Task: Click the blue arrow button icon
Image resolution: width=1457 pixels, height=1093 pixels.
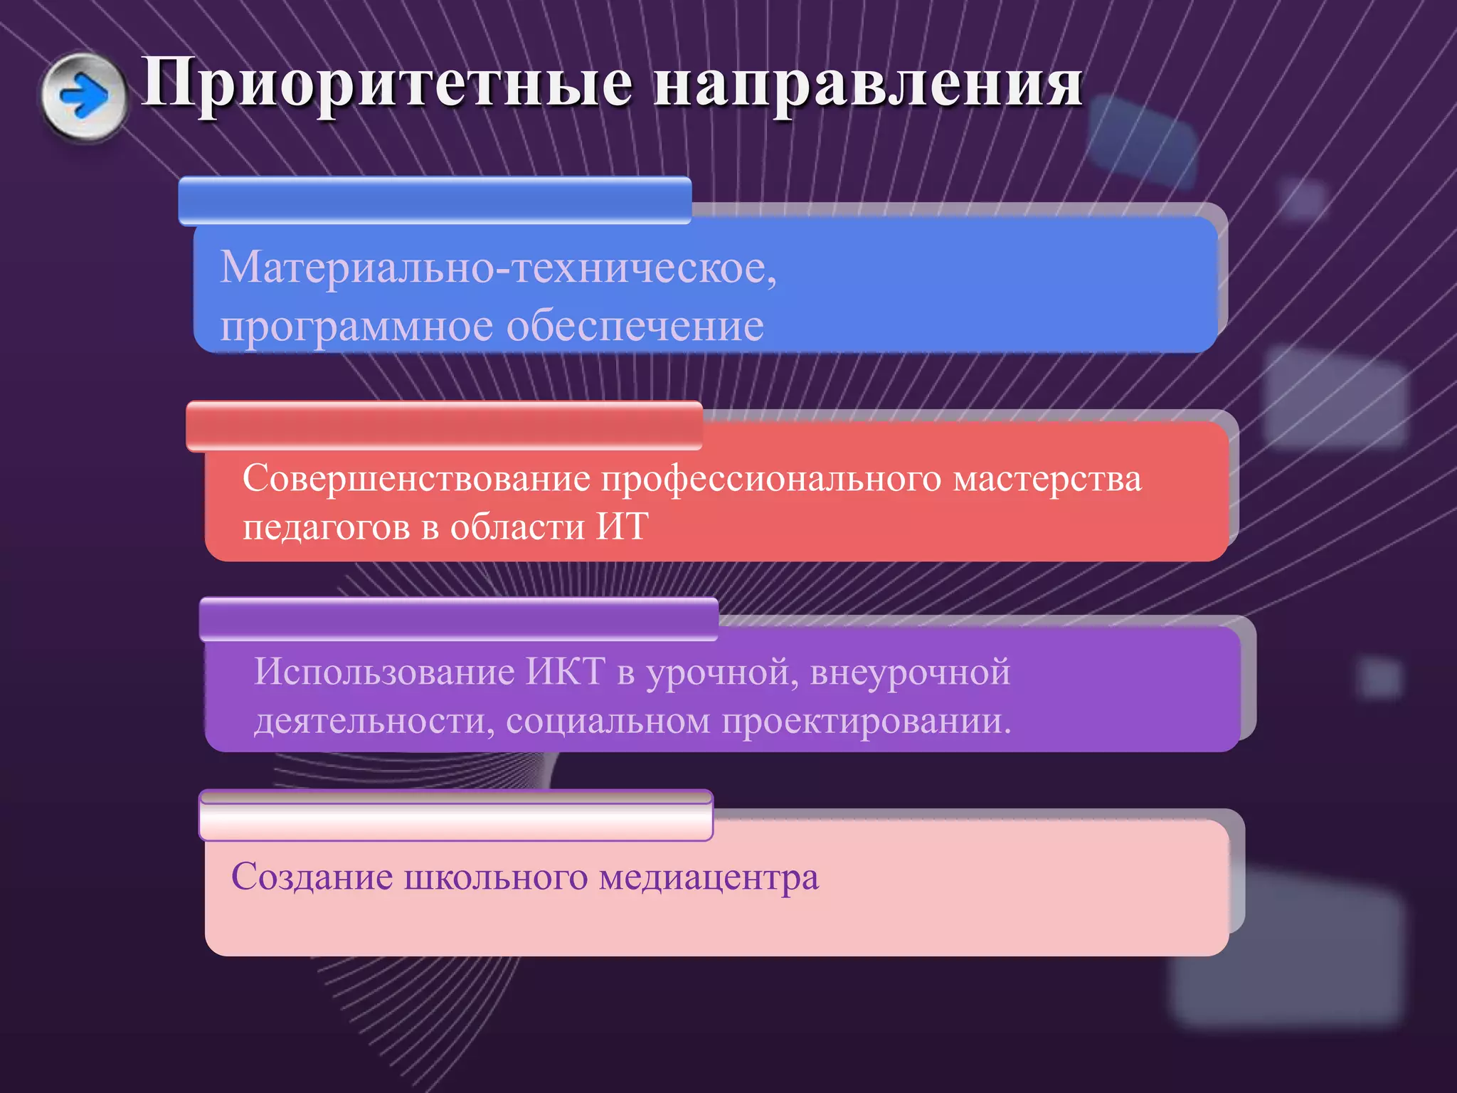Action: point(84,97)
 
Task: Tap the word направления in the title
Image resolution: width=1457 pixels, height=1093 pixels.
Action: point(868,84)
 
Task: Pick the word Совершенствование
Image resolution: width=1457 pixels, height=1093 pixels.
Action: point(416,478)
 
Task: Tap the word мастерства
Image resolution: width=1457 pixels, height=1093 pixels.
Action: point(1047,478)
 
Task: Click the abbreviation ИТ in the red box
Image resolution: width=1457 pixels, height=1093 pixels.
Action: point(622,527)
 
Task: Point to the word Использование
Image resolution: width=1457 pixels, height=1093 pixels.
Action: point(384,672)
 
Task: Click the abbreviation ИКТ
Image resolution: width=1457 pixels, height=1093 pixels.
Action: point(565,672)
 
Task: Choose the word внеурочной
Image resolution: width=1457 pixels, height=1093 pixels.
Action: point(910,672)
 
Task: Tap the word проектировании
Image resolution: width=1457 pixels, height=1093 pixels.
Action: point(867,722)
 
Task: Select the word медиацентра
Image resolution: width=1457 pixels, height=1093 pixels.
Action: point(709,877)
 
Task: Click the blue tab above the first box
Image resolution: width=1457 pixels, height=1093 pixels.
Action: point(435,201)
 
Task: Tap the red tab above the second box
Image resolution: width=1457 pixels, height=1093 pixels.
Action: point(444,426)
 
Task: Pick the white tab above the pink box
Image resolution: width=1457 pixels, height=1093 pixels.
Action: point(455,815)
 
